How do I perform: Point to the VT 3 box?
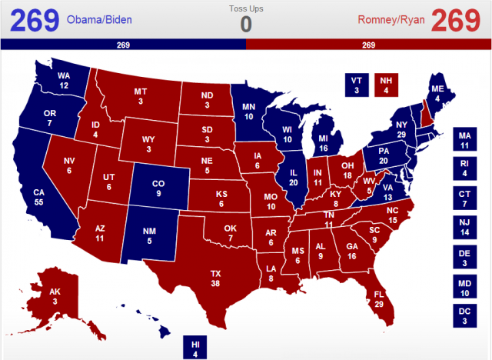click(x=355, y=85)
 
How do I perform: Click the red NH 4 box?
click(x=386, y=85)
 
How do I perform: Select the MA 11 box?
click(x=464, y=139)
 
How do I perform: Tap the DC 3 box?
click(x=464, y=315)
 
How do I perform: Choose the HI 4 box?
click(x=195, y=348)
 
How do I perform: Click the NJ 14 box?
click(x=464, y=227)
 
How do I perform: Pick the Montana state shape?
click(x=141, y=96)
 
